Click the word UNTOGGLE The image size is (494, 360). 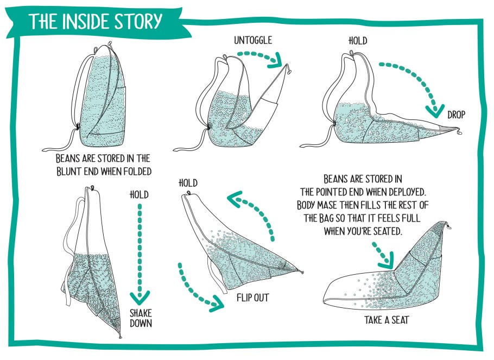[252, 40]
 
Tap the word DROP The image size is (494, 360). [456, 115]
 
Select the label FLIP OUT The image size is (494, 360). [252, 298]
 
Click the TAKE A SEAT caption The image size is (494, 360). [387, 320]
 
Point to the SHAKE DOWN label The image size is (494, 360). [141, 318]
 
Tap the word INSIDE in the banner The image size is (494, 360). [86, 21]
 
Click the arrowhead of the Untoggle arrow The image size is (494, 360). [275, 61]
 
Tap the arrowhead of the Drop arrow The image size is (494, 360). [435, 111]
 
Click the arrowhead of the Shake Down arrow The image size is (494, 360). [140, 299]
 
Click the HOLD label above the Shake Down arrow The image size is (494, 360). [139, 194]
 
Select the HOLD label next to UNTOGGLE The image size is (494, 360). [358, 41]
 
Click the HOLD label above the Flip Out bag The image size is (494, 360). [188, 183]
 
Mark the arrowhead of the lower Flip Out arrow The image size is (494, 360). [217, 303]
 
